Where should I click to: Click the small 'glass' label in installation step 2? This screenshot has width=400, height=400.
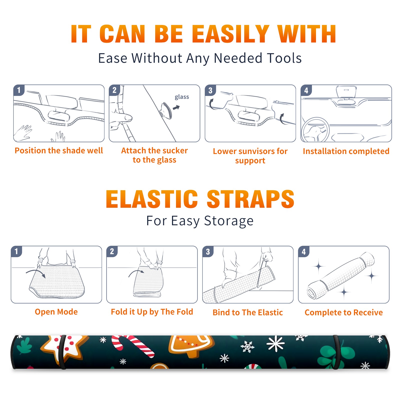[182, 97]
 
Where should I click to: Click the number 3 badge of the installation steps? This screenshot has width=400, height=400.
[210, 90]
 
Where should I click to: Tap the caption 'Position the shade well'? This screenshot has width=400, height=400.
[59, 150]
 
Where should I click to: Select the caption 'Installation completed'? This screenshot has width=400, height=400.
[346, 151]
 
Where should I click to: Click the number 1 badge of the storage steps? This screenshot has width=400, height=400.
[16, 251]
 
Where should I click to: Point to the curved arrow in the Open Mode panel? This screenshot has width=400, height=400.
[35, 272]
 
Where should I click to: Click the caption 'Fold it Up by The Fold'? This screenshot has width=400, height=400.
[152, 312]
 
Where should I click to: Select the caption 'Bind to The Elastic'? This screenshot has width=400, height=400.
[248, 312]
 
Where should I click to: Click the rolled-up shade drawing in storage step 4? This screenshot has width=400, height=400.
[341, 275]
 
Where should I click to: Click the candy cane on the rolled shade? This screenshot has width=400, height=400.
[132, 346]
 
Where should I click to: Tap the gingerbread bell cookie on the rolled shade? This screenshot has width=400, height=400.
[191, 346]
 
